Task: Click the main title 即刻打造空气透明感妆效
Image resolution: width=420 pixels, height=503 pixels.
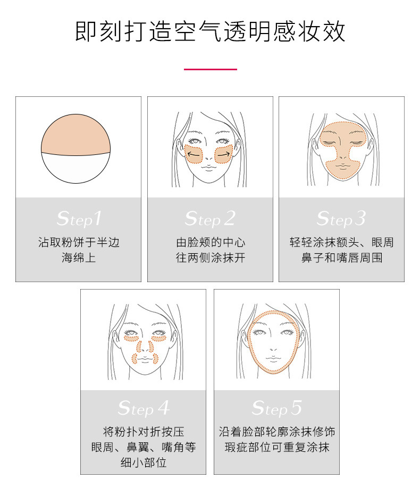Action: pyautogui.click(x=210, y=31)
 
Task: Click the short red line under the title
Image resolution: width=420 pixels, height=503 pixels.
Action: pyautogui.click(x=210, y=69)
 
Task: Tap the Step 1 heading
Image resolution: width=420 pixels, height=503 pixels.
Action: pyautogui.click(x=79, y=218)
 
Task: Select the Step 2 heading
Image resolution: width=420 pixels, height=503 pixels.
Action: pyautogui.click(x=210, y=218)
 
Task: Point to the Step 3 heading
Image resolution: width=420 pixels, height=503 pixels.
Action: pyautogui.click(x=341, y=218)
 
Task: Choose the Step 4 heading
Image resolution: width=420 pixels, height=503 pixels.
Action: pyautogui.click(x=143, y=408)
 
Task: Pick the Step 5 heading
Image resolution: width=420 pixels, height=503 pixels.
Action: pyautogui.click(x=276, y=408)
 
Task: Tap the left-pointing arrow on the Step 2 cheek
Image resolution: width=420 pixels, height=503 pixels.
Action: pyautogui.click(x=194, y=155)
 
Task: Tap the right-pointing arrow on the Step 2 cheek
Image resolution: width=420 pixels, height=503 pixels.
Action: pyautogui.click(x=224, y=155)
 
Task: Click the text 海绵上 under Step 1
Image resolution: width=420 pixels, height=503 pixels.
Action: pyautogui.click(x=79, y=258)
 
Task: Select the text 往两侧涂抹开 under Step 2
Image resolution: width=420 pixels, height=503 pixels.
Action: pyautogui.click(x=210, y=258)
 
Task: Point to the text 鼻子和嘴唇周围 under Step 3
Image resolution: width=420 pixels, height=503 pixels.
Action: pyautogui.click(x=341, y=258)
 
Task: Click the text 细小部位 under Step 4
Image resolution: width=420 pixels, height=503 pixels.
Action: pyautogui.click(x=143, y=462)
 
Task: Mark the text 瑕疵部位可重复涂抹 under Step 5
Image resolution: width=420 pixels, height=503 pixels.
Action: pyautogui.click(x=276, y=447)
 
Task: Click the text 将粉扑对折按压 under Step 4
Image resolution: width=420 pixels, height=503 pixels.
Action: pyautogui.click(x=143, y=431)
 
